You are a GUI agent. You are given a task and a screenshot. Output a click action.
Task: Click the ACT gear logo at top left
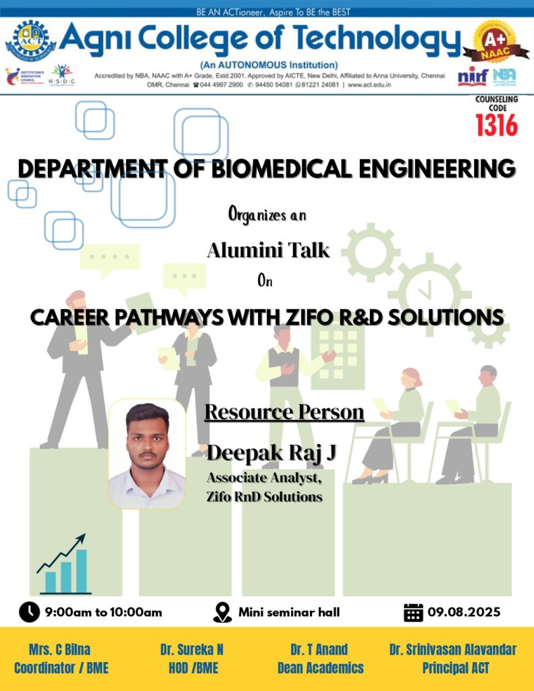click(x=30, y=41)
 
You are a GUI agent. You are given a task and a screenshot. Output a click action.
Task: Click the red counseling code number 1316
click(x=496, y=126)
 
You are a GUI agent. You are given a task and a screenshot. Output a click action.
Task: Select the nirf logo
click(x=473, y=77)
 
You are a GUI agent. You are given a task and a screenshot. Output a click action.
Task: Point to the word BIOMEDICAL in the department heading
click(x=282, y=168)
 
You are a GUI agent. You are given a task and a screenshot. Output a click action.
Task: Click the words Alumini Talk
click(x=268, y=250)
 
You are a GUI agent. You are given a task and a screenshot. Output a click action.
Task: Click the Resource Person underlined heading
click(x=284, y=412)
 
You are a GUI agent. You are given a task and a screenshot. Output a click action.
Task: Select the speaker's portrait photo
click(x=147, y=454)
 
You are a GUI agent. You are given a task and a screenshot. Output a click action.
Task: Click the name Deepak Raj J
click(x=271, y=453)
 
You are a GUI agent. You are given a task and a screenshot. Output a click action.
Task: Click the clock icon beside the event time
click(x=30, y=612)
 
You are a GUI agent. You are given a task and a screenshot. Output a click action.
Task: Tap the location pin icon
click(x=222, y=613)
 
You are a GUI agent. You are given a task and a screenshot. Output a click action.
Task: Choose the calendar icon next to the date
click(x=413, y=612)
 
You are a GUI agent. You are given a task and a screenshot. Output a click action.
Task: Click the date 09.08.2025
click(x=464, y=612)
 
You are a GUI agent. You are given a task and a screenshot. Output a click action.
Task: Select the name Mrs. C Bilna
click(x=59, y=650)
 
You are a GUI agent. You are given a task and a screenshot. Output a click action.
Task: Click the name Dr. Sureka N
click(x=192, y=650)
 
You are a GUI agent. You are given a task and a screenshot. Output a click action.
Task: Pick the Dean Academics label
click(x=321, y=668)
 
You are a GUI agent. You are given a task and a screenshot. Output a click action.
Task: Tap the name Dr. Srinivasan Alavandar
click(x=453, y=650)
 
